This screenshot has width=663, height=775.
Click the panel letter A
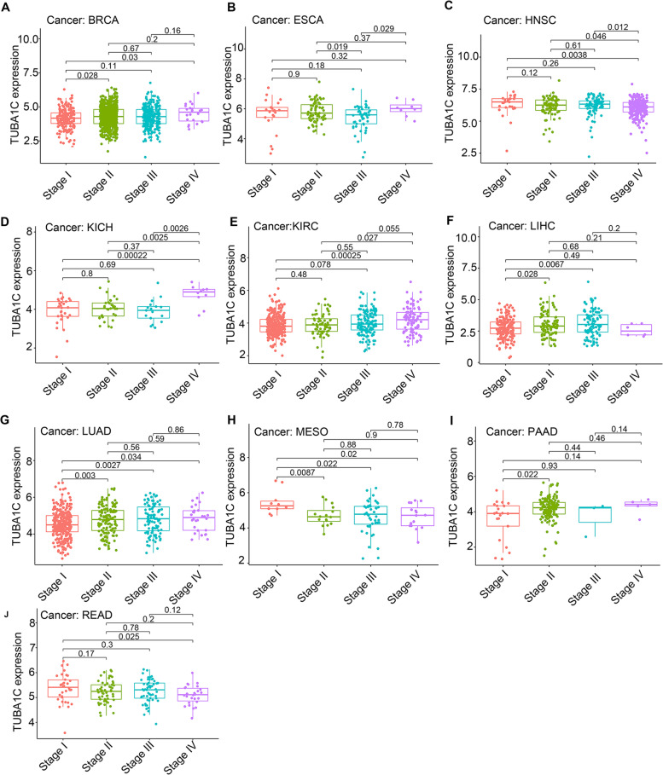(x=8, y=8)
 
